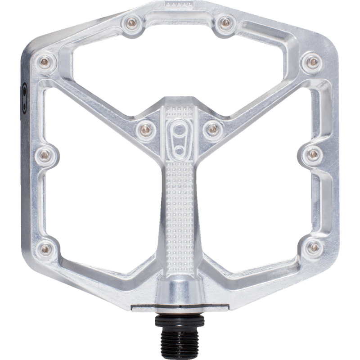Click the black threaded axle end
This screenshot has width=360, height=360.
click(180, 333)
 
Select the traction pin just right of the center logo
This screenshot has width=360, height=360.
click(211, 129)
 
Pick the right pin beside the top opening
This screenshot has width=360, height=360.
click(224, 21)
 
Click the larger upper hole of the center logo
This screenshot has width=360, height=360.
click(180, 128)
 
